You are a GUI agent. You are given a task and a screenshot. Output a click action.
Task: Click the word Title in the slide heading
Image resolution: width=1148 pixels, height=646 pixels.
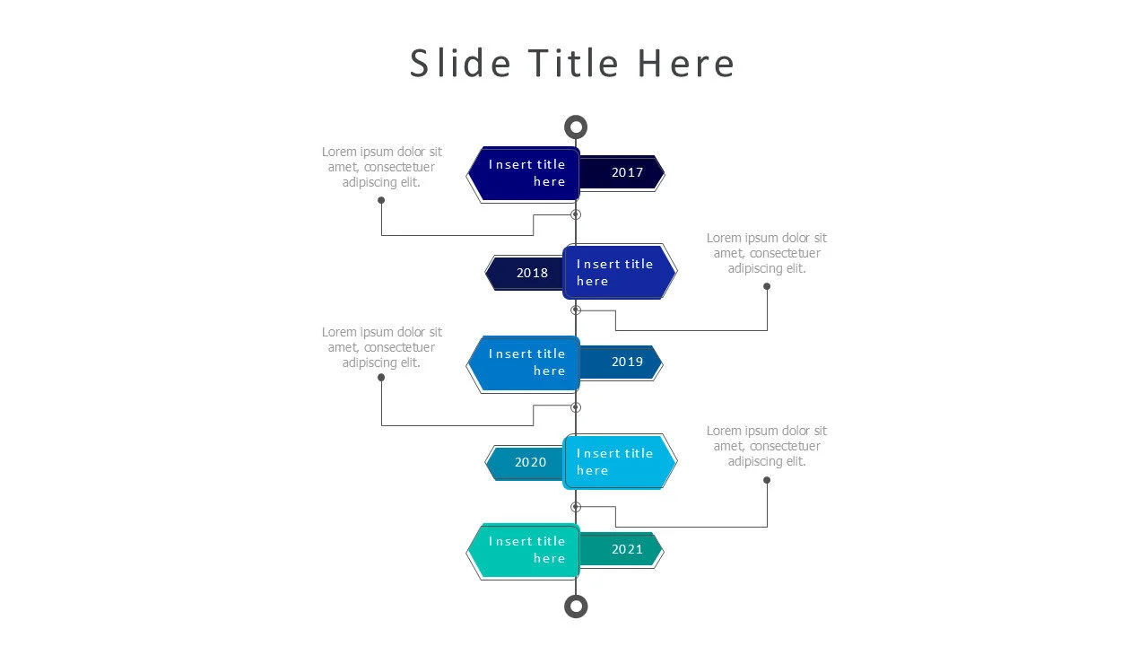coord(572,65)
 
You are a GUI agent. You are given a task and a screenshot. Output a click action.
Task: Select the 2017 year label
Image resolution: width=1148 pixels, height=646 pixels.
coord(627,172)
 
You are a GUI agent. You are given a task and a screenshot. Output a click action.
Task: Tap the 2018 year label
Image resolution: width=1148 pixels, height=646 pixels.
coord(532,273)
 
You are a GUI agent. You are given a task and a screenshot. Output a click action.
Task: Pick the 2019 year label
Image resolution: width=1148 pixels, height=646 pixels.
coord(627,362)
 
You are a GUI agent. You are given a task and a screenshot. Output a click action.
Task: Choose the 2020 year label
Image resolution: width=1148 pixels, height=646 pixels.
coord(530,462)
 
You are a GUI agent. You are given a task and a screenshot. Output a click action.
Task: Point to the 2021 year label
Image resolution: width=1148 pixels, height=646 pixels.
coord(627,549)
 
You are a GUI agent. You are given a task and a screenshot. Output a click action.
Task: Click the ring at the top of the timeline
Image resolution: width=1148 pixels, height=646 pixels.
coord(576,127)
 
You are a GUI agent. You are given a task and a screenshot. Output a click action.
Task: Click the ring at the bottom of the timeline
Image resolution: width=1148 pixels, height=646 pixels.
coord(576,607)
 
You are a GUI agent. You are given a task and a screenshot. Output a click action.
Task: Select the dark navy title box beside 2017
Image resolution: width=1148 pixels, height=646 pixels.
coord(526,173)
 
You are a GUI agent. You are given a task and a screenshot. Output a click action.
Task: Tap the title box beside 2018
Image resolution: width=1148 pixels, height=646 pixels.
coord(618,272)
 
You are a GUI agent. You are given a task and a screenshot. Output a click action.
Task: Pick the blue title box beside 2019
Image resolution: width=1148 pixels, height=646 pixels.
coord(526,362)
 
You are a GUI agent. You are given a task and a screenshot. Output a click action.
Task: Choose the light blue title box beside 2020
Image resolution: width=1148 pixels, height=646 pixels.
coord(618,461)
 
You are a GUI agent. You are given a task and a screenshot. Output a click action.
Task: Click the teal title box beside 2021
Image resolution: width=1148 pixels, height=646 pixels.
coord(526,550)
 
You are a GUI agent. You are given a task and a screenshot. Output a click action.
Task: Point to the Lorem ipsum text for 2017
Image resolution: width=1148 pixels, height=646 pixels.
coord(382,167)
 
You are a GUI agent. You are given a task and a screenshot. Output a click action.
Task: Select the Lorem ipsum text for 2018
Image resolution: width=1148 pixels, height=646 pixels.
coord(767,253)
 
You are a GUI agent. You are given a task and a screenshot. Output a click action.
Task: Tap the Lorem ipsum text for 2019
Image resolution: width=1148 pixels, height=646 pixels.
coord(382,347)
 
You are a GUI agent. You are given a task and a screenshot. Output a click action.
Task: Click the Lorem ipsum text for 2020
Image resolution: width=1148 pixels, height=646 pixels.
coord(767,446)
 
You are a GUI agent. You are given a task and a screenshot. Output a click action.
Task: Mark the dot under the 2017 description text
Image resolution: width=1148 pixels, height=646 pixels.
coord(381,200)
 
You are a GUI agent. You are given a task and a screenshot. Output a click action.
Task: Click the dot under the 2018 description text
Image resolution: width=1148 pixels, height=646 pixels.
coord(767,286)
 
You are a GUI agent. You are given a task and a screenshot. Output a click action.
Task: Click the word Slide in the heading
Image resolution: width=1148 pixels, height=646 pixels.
coord(460,65)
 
